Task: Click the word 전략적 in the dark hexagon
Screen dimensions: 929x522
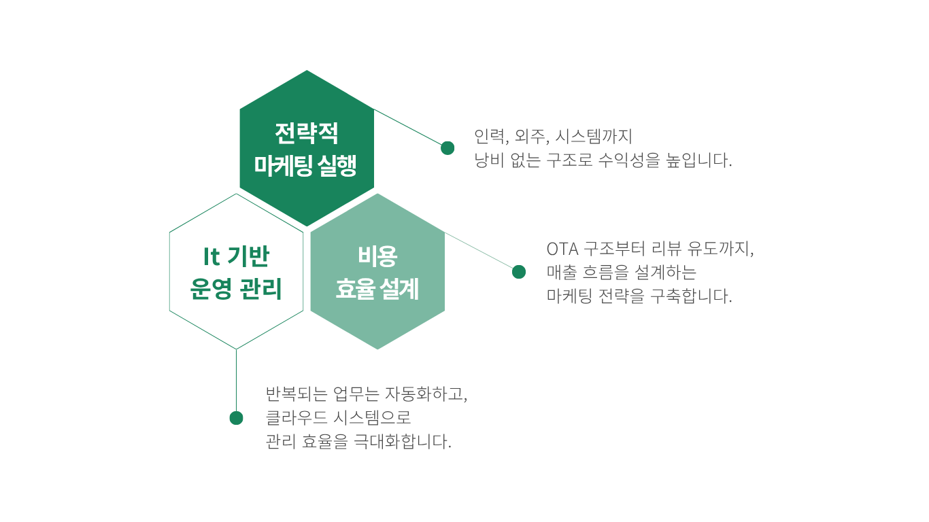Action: click(x=307, y=133)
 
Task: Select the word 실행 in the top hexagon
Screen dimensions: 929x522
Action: click(x=337, y=165)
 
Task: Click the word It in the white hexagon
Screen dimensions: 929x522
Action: click(x=211, y=256)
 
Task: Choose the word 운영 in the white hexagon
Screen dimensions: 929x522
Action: click(x=211, y=289)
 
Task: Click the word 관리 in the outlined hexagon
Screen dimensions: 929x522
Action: click(x=261, y=289)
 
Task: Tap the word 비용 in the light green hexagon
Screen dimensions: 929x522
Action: click(x=377, y=256)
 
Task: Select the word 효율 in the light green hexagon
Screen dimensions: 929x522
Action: click(x=356, y=289)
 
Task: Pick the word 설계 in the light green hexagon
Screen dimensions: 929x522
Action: click(x=399, y=289)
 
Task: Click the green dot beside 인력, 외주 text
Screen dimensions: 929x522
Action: click(x=447, y=148)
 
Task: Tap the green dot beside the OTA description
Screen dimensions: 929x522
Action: click(x=519, y=272)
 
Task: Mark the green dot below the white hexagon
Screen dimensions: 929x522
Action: click(x=237, y=418)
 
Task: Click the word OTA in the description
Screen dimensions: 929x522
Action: click(x=562, y=249)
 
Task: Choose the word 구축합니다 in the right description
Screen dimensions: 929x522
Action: click(x=691, y=296)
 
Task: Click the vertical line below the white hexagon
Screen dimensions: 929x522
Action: click(x=237, y=380)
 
